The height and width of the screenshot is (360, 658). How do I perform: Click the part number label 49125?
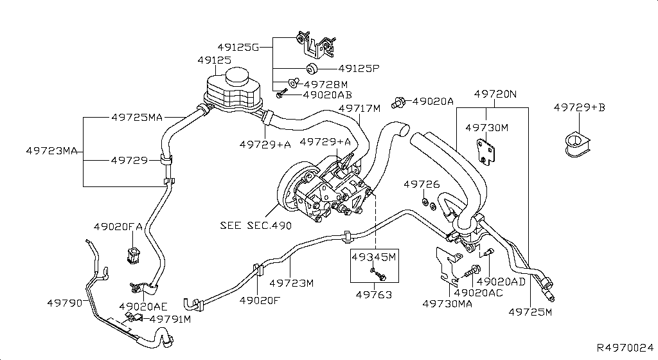pyautogui.click(x=214, y=60)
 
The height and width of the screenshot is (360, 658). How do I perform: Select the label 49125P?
pyautogui.click(x=359, y=67)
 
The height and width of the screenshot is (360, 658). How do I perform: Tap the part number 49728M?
pyautogui.click(x=326, y=84)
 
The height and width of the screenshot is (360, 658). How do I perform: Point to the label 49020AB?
pyautogui.click(x=328, y=94)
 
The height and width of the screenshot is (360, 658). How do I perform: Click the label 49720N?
pyautogui.click(x=495, y=94)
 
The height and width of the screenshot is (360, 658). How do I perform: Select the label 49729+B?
pyautogui.click(x=579, y=107)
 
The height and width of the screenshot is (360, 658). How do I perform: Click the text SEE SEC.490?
pyautogui.click(x=256, y=226)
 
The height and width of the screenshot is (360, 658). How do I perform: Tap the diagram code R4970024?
pyautogui.click(x=625, y=347)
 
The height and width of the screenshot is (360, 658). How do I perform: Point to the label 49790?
pyautogui.click(x=64, y=302)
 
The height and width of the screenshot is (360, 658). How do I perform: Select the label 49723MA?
pyautogui.click(x=51, y=151)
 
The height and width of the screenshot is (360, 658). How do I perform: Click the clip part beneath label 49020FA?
pyautogui.click(x=134, y=255)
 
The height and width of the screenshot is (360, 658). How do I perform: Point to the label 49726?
pyautogui.click(x=422, y=184)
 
